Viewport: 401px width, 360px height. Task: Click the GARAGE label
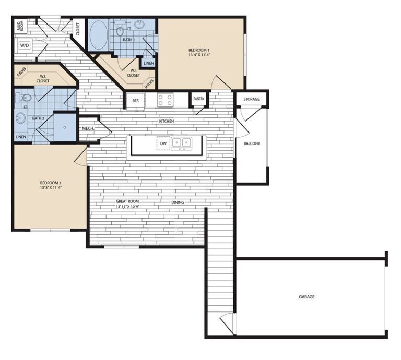click(x=306, y=296)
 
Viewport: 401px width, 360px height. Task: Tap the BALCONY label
click(x=252, y=143)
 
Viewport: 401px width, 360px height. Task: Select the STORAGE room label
click(x=251, y=99)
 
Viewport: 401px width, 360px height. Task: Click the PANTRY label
click(x=199, y=98)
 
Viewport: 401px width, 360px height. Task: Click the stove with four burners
click(x=166, y=100)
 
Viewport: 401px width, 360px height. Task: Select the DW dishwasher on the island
click(x=163, y=142)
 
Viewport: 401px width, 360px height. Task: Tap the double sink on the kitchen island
click(x=182, y=142)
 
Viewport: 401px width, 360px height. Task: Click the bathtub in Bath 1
click(x=98, y=35)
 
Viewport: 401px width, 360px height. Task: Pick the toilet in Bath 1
click(x=121, y=30)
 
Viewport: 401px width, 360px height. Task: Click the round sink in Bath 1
click(x=140, y=24)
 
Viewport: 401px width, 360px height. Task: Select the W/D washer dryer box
click(x=24, y=45)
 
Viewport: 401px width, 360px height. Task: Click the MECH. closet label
click(x=87, y=128)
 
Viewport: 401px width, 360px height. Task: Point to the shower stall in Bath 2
click(x=65, y=127)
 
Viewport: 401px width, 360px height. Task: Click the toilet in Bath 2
click(x=25, y=98)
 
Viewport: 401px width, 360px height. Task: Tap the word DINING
click(x=178, y=202)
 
